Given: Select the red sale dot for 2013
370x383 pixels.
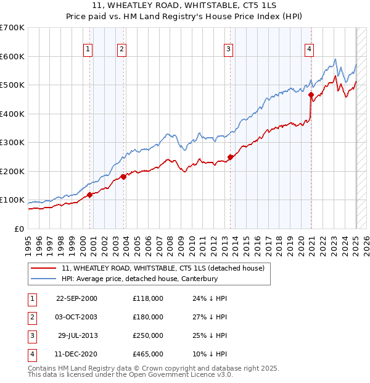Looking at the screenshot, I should click(230, 157).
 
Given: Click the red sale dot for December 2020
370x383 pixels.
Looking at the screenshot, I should click(311, 96).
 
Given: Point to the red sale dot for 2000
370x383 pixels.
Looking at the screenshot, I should click(90, 195).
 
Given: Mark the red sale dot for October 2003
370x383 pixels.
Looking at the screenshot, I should click(123, 177).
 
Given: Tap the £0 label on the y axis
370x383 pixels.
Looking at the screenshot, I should click(19, 229).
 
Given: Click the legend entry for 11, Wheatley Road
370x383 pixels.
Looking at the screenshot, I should click(163, 268).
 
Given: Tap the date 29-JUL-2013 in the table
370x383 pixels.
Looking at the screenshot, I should click(77, 335).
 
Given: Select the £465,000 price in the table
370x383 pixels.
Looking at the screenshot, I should click(148, 354).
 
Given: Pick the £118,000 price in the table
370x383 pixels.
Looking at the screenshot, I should click(148, 298).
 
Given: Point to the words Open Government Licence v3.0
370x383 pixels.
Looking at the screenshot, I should click(183, 374).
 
